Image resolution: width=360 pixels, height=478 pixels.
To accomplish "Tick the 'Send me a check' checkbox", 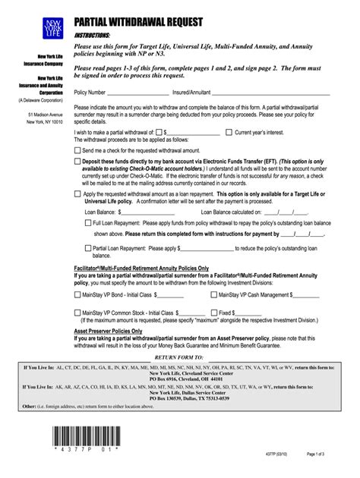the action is click(77, 150).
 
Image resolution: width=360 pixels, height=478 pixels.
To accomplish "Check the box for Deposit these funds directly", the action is click(77, 161).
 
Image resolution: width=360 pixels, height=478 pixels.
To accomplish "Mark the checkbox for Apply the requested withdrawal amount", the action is click(77, 193).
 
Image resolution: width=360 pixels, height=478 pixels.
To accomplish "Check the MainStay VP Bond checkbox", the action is click(77, 294).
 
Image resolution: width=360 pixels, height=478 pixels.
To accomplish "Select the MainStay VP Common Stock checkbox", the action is click(77, 312).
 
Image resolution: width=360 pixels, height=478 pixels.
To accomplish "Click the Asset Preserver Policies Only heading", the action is click(108, 332).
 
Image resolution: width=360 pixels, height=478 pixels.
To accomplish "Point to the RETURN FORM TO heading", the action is click(179, 356).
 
